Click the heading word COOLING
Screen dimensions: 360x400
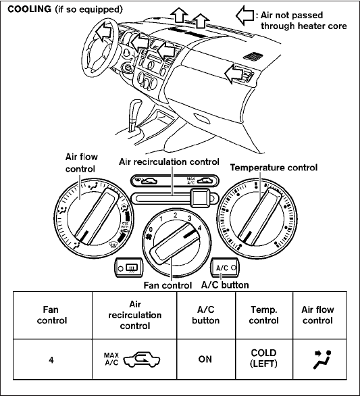(x=29, y=9)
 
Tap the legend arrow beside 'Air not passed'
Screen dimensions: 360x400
(x=245, y=16)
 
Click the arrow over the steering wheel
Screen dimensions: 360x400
(x=104, y=30)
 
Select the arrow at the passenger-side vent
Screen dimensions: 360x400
(x=233, y=74)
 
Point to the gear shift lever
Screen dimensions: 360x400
(x=134, y=115)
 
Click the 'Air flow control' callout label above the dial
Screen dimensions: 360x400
(x=81, y=163)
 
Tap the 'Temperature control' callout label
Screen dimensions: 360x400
(x=274, y=168)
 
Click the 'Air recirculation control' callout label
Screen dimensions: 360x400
(x=169, y=161)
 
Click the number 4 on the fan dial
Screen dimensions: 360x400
(x=199, y=228)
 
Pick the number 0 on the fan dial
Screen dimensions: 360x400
(x=151, y=230)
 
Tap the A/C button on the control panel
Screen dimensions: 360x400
(x=225, y=268)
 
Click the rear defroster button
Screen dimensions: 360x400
(x=129, y=268)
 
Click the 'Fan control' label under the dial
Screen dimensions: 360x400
(x=168, y=285)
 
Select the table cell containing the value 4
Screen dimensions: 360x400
(x=53, y=359)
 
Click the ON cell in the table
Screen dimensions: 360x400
(x=206, y=359)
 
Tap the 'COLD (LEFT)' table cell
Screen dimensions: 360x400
(x=264, y=359)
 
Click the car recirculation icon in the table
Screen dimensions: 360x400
(x=142, y=359)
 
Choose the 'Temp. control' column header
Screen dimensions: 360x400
(x=264, y=316)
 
